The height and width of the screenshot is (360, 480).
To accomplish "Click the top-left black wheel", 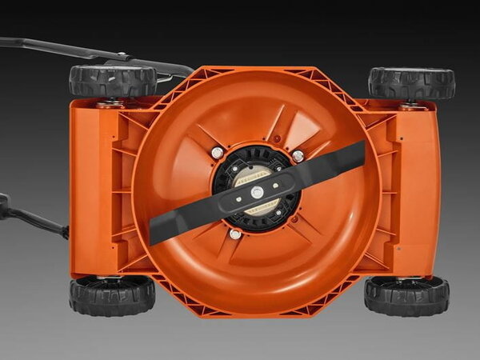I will pos(112,81).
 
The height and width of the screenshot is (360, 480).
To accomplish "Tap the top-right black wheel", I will pos(411,82).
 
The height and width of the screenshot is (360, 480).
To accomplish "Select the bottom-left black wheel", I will pos(112,295).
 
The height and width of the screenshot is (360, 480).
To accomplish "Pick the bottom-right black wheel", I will pos(406,295).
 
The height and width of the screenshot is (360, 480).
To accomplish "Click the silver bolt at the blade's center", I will pos(257,192).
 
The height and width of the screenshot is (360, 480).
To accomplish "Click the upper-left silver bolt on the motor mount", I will pos(218,152).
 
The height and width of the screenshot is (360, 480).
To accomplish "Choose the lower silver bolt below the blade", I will pos(235,234).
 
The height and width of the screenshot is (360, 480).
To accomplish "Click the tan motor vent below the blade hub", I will pos(262,209).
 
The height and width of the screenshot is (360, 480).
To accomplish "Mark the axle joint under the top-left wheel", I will pos(110,103).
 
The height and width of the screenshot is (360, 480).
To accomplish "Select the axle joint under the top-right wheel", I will pos(411,104).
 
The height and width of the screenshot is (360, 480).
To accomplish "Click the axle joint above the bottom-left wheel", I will pos(110,277).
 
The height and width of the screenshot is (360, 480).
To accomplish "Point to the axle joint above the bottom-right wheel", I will pos(406,278).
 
